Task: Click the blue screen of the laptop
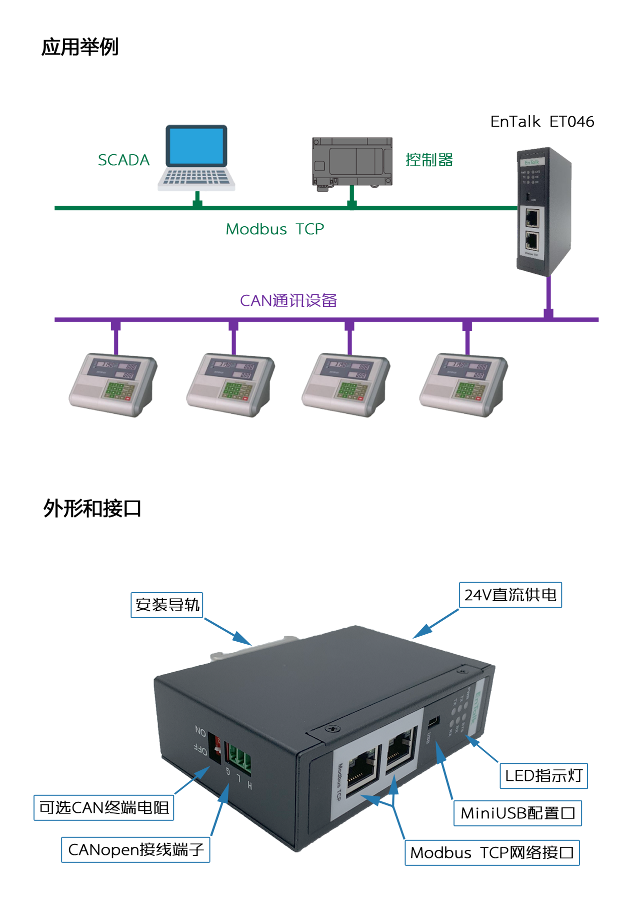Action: (x=195, y=146)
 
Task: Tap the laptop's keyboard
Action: (x=195, y=177)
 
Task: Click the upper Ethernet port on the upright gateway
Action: (x=532, y=218)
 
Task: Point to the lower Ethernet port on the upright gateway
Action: (x=532, y=241)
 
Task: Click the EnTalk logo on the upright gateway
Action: (x=531, y=162)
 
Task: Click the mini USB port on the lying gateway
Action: (x=433, y=721)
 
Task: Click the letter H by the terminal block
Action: (x=249, y=786)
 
